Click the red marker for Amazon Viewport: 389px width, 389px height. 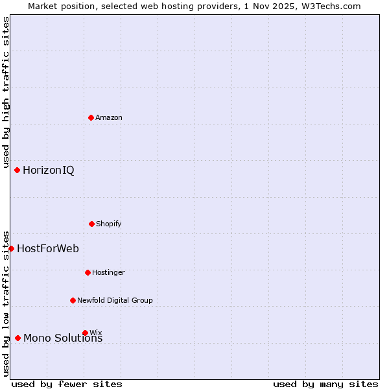[x=91, y=117]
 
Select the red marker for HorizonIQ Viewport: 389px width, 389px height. [x=18, y=170]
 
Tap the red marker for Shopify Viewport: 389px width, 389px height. [x=91, y=224]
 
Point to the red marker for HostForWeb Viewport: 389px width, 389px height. [x=11, y=248]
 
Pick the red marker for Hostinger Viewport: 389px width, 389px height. [x=88, y=272]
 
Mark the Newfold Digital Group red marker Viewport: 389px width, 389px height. [x=73, y=300]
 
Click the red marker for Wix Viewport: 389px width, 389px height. [x=85, y=333]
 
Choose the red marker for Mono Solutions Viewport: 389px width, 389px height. [x=18, y=338]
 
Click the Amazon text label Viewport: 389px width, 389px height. [x=109, y=117]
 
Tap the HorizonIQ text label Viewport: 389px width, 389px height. [x=49, y=171]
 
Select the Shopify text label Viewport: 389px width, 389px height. [x=109, y=224]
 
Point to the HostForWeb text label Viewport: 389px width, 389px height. [x=48, y=249]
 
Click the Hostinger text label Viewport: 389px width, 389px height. [x=108, y=272]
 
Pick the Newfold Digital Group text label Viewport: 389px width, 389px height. [x=115, y=300]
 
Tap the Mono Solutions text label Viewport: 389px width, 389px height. [x=63, y=338]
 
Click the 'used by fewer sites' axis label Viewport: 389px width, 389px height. [x=67, y=384]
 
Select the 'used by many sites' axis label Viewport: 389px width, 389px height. [x=325, y=384]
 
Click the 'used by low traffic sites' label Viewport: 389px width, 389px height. [x=6, y=303]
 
